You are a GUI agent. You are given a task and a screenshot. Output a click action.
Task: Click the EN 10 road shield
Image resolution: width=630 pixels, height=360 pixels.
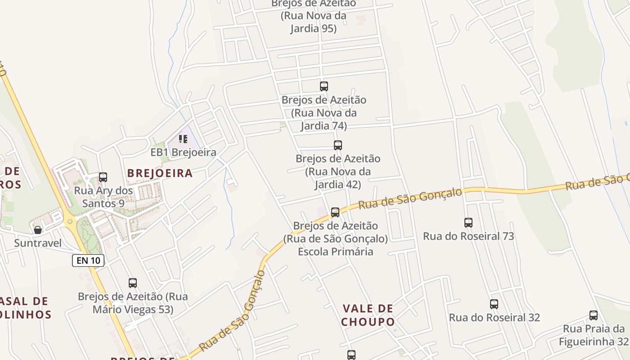[88, 260]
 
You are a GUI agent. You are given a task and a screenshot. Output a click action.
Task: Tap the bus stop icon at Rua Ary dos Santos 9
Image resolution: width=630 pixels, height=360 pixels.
[103, 177]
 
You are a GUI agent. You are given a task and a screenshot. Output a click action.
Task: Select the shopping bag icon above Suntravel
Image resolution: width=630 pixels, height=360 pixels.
[38, 230]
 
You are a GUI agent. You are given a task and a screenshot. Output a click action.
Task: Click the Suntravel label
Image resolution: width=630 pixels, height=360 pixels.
[38, 243]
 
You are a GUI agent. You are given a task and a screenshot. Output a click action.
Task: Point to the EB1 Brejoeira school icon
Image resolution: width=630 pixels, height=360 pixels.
[183, 139]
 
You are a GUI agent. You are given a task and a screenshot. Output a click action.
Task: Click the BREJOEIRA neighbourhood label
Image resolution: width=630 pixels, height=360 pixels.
[160, 173]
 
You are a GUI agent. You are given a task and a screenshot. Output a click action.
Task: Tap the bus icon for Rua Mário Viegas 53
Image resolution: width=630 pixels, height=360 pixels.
[132, 283]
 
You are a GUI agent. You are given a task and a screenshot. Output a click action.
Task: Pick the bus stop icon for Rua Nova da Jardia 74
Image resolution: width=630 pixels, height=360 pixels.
[324, 86]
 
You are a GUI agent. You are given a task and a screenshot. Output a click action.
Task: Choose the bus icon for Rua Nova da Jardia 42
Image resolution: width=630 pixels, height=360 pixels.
[338, 145]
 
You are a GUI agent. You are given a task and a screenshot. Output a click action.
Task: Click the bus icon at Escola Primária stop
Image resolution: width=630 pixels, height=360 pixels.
[335, 212]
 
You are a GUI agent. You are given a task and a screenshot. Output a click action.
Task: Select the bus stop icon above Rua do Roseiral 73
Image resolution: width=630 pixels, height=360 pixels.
[468, 223]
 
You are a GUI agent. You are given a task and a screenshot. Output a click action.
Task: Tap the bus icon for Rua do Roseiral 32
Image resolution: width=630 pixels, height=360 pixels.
[494, 304]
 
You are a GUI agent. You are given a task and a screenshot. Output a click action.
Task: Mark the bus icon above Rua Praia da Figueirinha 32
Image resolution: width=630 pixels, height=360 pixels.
[594, 315]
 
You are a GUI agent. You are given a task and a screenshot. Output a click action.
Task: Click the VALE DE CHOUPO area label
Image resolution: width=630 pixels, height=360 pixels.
[368, 315]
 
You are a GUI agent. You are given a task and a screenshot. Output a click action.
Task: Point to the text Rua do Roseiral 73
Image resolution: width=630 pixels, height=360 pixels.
[468, 236]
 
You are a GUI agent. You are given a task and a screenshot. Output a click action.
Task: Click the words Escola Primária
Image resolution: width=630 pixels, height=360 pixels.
[335, 252]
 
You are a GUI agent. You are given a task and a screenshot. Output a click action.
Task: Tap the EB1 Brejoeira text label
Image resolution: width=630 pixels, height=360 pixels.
[183, 153]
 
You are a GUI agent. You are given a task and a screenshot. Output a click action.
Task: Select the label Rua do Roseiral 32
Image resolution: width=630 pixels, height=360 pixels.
[494, 318]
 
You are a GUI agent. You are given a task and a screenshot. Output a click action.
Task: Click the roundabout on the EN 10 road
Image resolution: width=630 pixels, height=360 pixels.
[69, 221]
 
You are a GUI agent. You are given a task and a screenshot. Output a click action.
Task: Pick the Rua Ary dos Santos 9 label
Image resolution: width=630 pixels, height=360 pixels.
[103, 197]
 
